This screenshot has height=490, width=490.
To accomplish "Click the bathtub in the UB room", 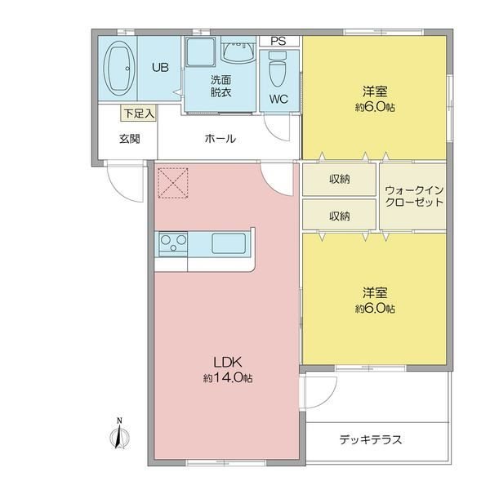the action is tap(119, 69).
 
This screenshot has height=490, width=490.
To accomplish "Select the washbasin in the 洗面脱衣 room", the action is tap(238, 51).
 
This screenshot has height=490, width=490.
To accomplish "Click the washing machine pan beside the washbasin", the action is tap(200, 51).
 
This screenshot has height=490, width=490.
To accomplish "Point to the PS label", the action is tap(278, 42).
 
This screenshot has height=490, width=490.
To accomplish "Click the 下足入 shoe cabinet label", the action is tap(139, 114).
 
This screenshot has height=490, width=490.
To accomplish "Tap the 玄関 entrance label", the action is tap(129, 139).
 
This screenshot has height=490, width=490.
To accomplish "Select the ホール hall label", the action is tap(220, 139).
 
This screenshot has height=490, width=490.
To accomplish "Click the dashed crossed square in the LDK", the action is tap(173, 183).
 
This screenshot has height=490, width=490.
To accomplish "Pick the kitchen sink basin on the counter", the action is tap(229, 243).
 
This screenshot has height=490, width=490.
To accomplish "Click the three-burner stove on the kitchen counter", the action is tap(173, 243).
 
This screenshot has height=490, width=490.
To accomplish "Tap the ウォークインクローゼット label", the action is tap(414, 196).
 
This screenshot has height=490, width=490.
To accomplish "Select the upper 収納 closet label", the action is tap(340, 179).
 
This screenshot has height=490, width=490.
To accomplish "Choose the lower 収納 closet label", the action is tap(340, 216).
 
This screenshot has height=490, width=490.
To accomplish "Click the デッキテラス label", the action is tap(371, 439).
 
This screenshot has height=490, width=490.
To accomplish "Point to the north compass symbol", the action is tap(119, 434).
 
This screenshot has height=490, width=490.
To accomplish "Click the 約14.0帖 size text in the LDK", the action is tap(228, 378).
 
